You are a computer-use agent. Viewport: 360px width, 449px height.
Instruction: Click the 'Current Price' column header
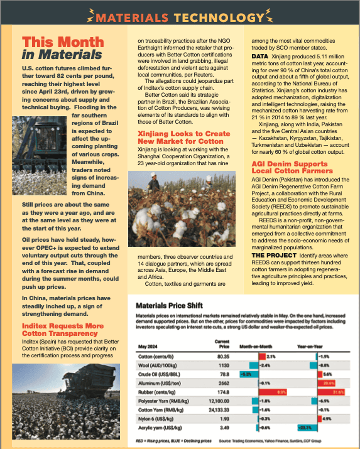[222, 344]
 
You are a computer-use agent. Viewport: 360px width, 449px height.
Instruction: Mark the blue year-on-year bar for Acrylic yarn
[308, 428]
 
